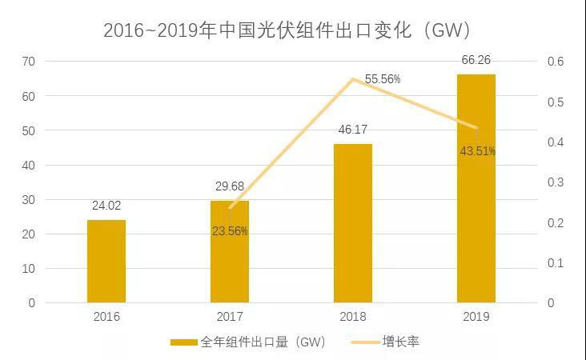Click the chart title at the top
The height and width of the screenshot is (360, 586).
(286, 30)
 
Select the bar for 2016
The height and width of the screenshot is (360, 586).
(106, 262)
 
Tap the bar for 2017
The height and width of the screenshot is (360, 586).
(230, 252)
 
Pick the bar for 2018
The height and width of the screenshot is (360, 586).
(353, 223)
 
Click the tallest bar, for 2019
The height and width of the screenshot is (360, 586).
(476, 189)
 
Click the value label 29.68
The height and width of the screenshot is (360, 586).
(230, 186)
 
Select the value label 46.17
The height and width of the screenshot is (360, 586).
(353, 129)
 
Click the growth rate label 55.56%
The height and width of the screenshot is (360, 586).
(383, 79)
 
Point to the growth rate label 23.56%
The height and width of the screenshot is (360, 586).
(230, 231)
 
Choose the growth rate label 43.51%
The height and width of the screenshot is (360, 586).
(477, 150)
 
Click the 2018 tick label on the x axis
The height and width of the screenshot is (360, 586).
(353, 317)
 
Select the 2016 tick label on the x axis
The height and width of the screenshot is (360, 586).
(106, 317)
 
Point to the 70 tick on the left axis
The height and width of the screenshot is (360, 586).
(29, 62)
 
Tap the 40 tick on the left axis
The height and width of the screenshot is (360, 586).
(29, 166)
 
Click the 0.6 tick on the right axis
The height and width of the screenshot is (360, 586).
(556, 62)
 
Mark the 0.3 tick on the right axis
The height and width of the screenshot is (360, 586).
(556, 182)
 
